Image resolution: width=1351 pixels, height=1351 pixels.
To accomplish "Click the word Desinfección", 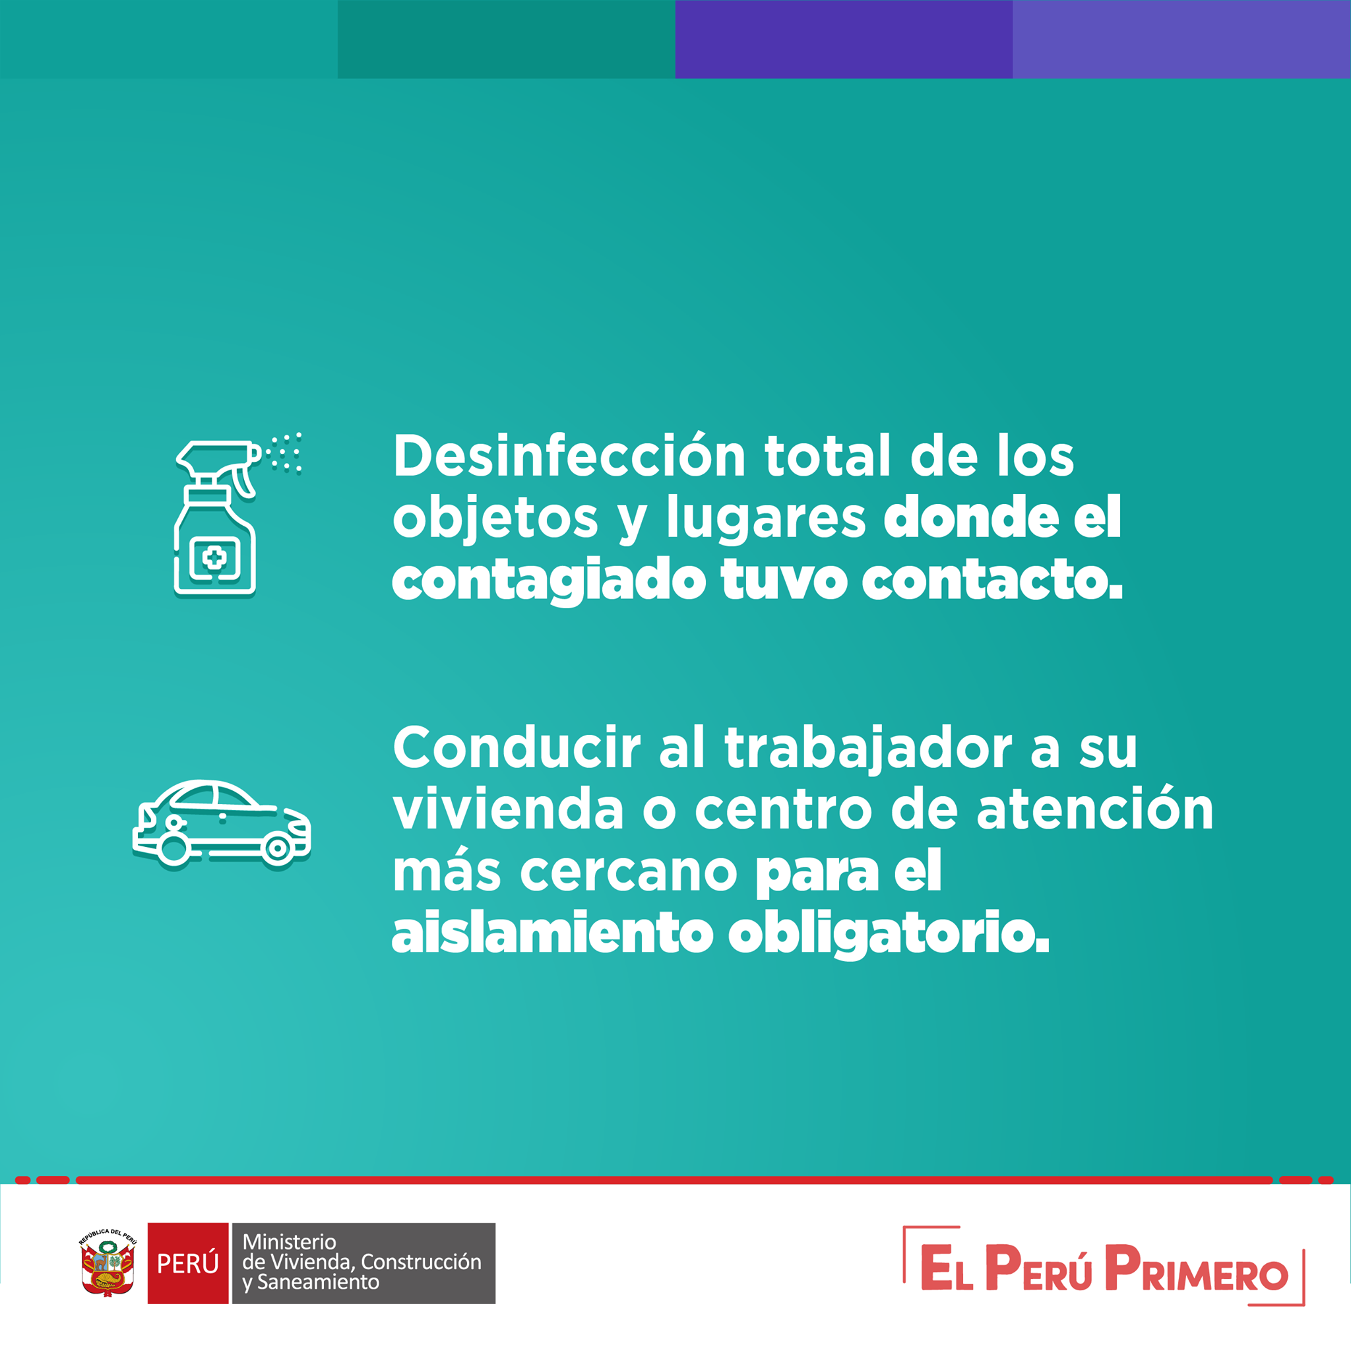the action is click(x=569, y=455).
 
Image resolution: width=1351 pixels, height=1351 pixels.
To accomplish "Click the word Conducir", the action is click(x=517, y=747).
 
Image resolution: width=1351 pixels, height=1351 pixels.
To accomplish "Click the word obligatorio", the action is click(x=889, y=934).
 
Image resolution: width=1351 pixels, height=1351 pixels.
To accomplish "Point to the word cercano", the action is click(x=629, y=873).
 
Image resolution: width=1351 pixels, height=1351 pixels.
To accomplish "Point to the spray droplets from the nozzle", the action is click(x=284, y=453).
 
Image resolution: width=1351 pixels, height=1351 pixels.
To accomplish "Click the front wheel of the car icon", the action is click(x=277, y=848).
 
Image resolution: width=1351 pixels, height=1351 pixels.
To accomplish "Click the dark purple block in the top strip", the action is click(x=844, y=39).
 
